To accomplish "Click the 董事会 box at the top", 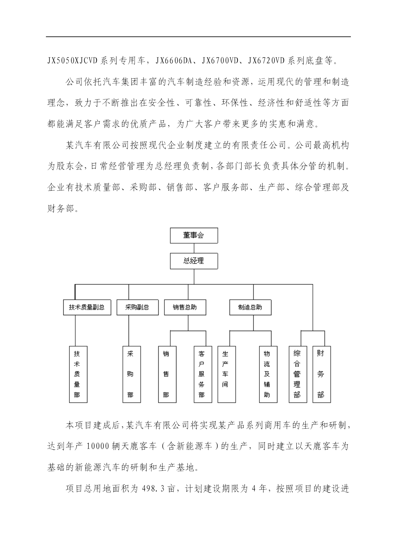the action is [194, 235].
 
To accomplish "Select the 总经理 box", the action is [194, 261].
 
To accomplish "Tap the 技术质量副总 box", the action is [87, 307].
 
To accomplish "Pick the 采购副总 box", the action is [137, 307].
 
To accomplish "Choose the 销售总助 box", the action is [185, 307].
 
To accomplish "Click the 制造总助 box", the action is [250, 307].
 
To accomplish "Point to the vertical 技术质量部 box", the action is [78, 374].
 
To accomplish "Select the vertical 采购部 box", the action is [132, 374].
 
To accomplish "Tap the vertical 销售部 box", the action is [167, 374].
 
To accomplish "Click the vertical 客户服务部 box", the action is [203, 374].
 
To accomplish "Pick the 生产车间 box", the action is [227, 374].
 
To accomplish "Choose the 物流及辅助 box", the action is [268, 374].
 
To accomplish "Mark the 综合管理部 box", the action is [298, 374].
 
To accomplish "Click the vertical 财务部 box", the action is [322, 374].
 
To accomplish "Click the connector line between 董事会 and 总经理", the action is [194, 248].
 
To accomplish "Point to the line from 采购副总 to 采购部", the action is [129, 330].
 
